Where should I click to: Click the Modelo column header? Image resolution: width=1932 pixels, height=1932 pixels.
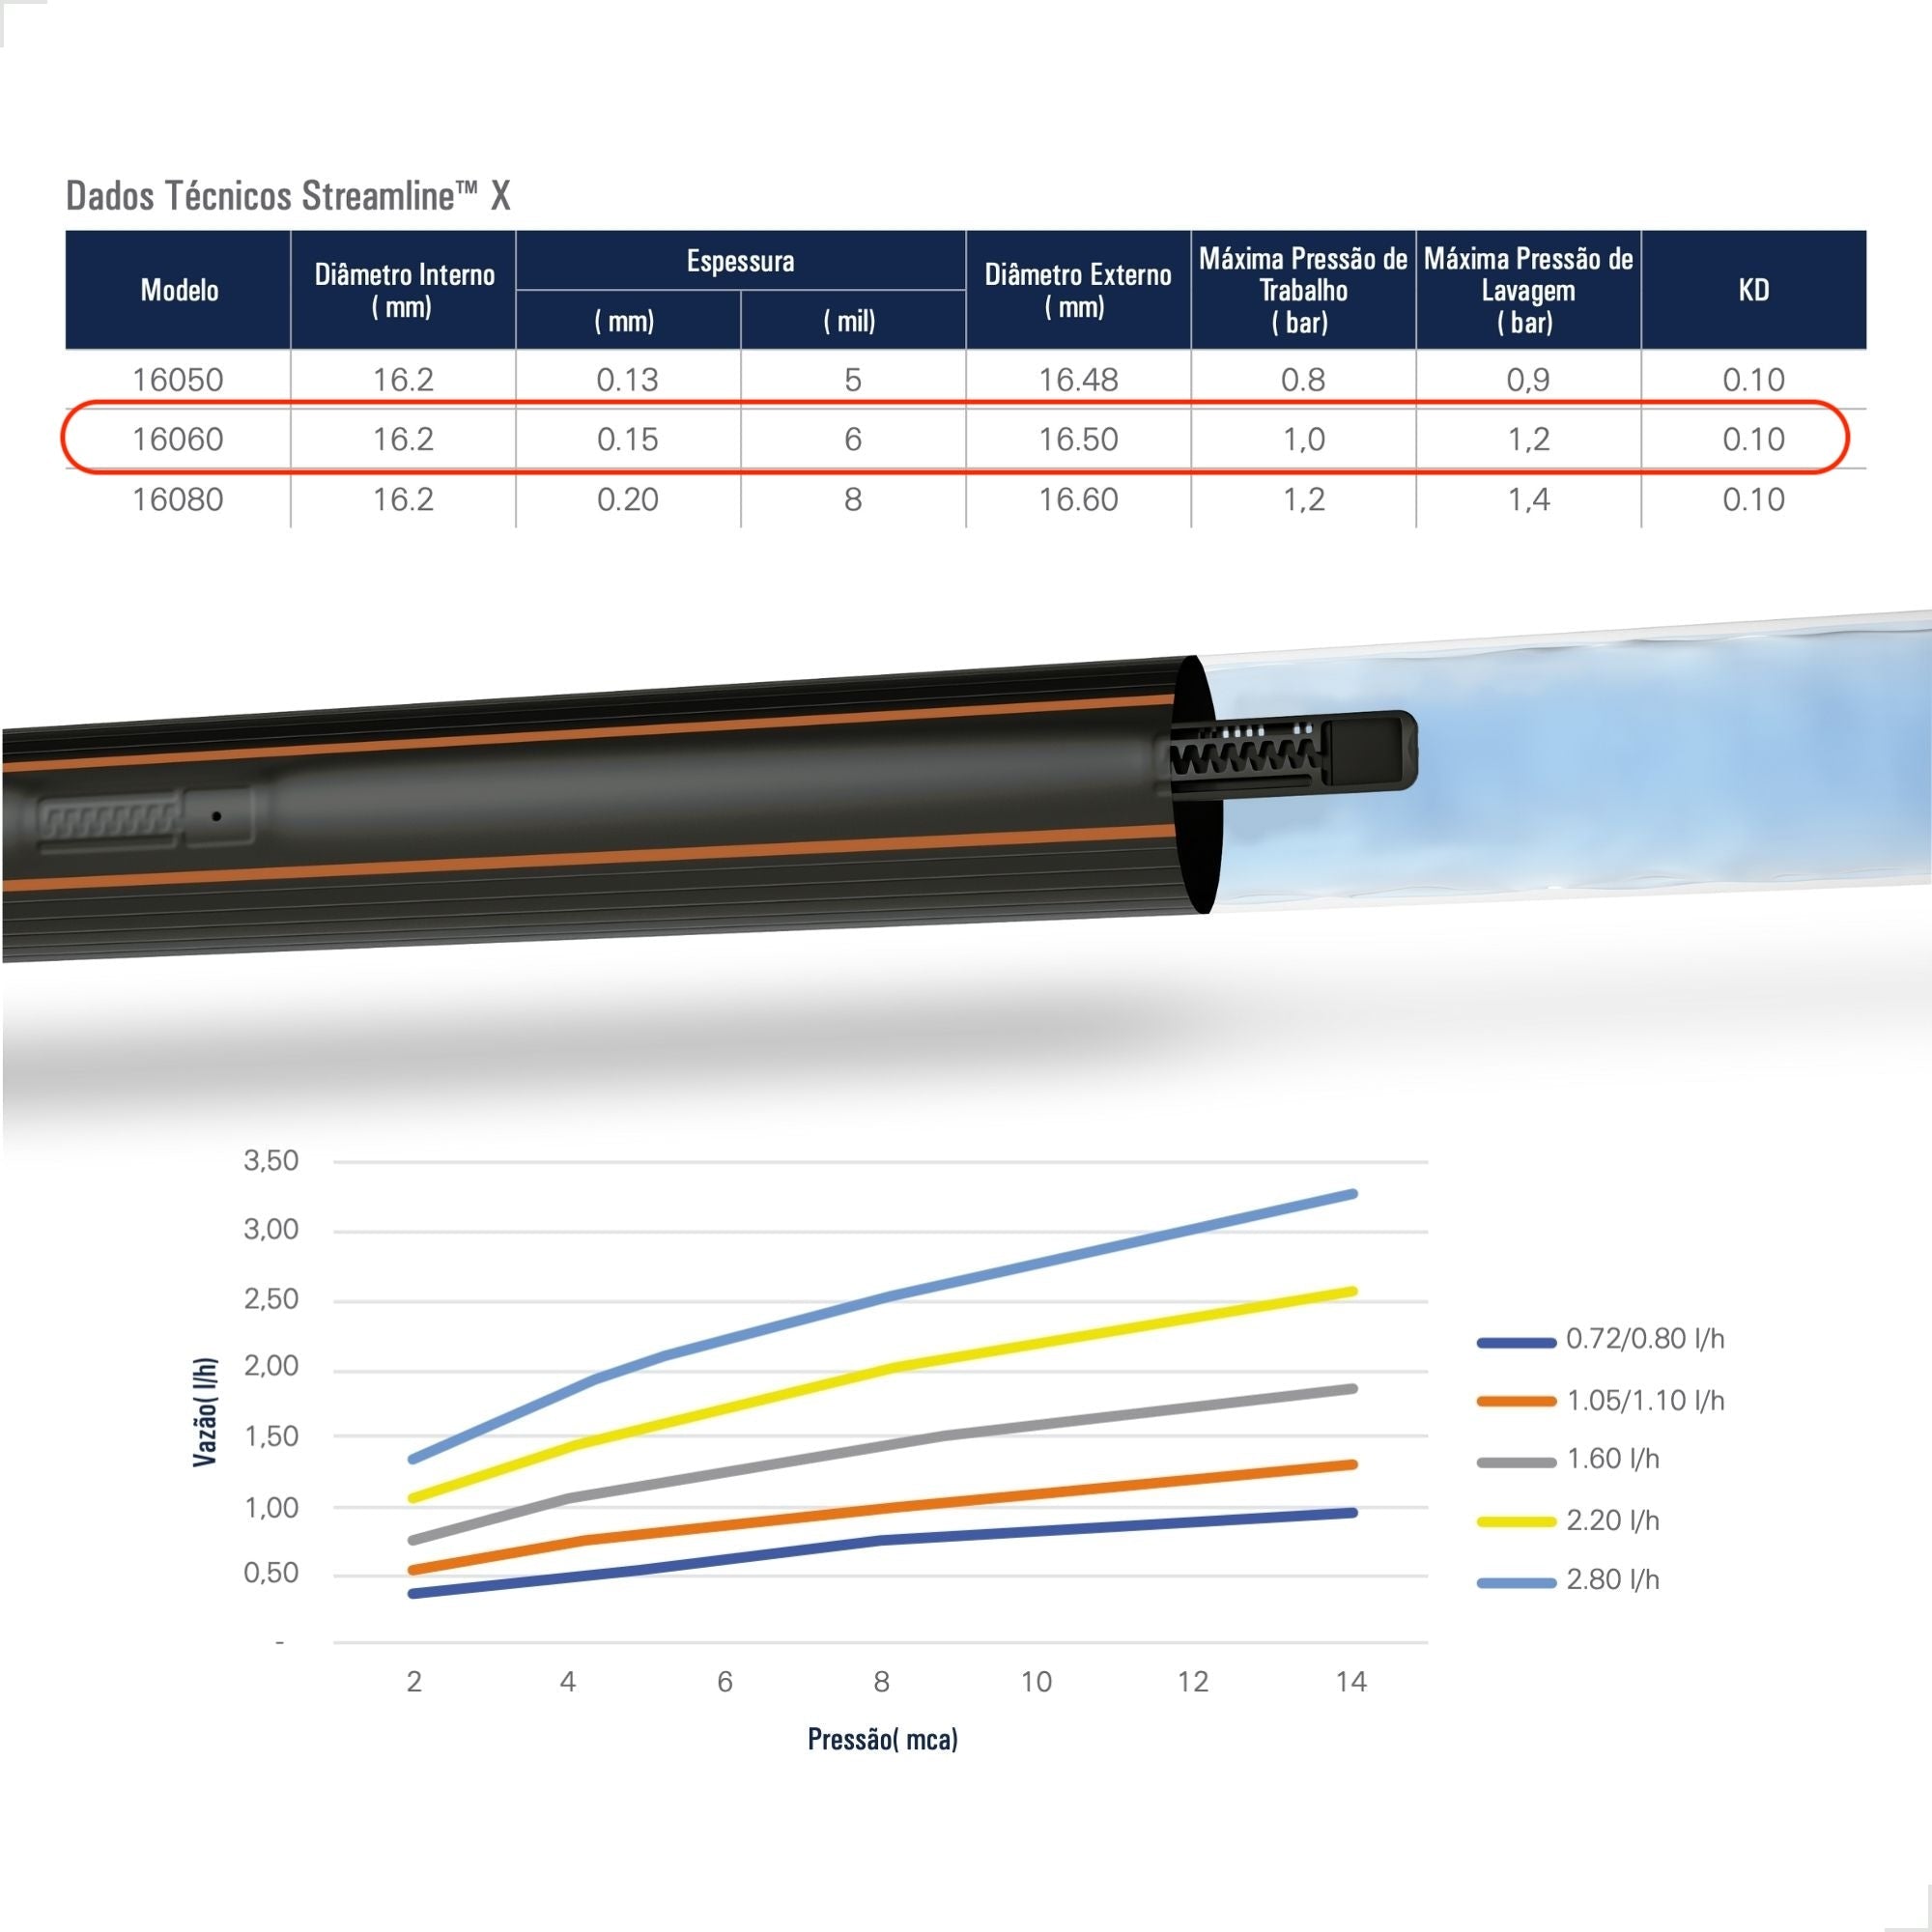coord(179,290)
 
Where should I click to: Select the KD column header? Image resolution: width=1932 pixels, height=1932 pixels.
coord(1753,290)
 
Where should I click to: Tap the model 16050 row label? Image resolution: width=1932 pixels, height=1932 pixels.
coord(178,380)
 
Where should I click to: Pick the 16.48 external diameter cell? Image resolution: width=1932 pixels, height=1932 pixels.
coord(1078,380)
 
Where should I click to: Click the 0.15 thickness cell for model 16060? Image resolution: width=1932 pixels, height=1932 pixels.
coord(627,439)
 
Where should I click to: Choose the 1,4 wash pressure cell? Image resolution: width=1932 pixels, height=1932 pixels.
coord(1528,499)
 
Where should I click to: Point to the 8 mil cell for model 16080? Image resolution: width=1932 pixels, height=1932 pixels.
coord(852,499)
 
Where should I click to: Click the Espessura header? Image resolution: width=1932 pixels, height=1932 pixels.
coord(740,261)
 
